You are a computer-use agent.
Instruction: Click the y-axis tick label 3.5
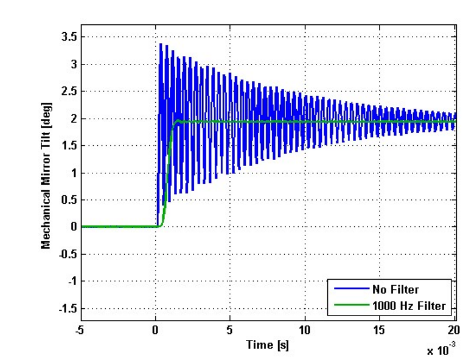tap(68, 37)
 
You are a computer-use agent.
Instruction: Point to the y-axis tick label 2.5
tap(68, 91)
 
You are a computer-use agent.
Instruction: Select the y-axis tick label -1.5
tap(66, 308)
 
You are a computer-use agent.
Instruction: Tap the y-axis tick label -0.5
tap(66, 254)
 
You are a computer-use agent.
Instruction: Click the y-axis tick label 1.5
tap(68, 145)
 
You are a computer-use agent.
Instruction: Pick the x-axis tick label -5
tap(80, 330)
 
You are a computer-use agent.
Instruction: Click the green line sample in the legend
tap(350, 306)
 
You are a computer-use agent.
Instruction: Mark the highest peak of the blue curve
tap(161, 44)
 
